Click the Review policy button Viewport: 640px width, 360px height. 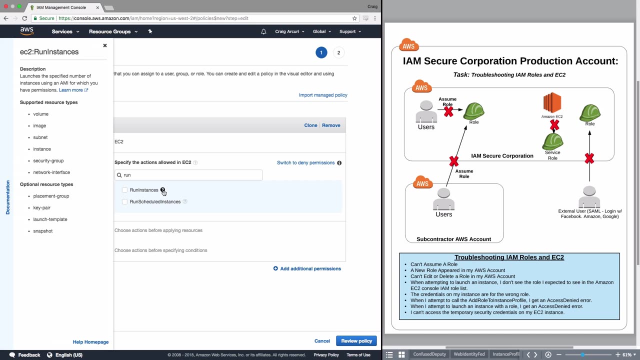(x=356, y=341)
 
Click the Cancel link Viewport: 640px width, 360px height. (x=322, y=341)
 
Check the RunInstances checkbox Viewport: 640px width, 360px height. (x=124, y=190)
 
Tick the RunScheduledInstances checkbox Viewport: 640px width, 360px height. (x=124, y=201)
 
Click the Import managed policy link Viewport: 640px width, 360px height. (x=323, y=95)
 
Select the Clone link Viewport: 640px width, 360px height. (x=310, y=125)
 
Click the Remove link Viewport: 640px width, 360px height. (x=331, y=125)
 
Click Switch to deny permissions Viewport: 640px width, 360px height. (x=305, y=162)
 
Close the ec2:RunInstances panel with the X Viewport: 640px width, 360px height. (x=105, y=45)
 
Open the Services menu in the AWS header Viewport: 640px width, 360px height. (x=65, y=31)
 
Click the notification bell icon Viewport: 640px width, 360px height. (x=263, y=31)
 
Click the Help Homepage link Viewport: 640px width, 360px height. (x=90, y=342)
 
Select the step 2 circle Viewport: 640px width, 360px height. (x=338, y=52)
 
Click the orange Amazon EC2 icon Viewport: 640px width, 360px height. (x=552, y=103)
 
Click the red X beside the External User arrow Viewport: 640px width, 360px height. (x=589, y=159)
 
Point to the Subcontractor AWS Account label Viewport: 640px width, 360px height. (x=453, y=239)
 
